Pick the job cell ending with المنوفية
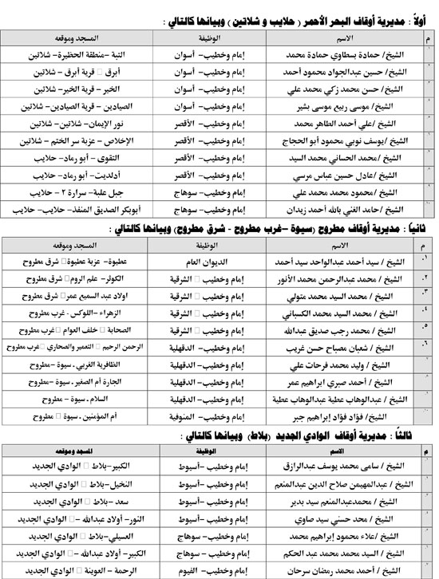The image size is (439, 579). (x=206, y=416)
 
